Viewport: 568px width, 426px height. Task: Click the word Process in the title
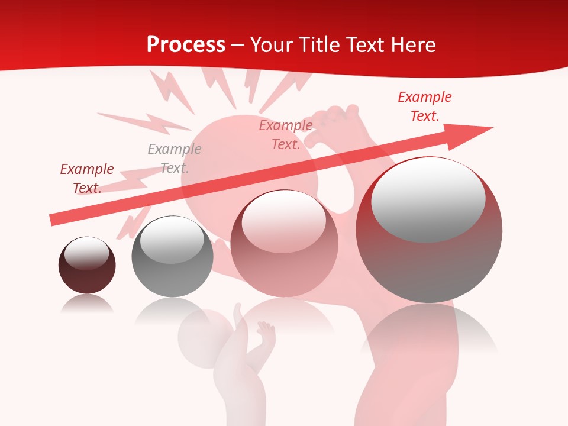(x=186, y=44)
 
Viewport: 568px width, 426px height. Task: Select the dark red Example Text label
(x=87, y=179)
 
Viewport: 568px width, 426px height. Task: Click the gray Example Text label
(x=175, y=159)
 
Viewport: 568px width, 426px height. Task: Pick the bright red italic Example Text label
(x=425, y=106)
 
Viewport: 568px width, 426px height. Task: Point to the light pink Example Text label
(x=286, y=135)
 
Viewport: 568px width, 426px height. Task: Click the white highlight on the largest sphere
(x=428, y=199)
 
